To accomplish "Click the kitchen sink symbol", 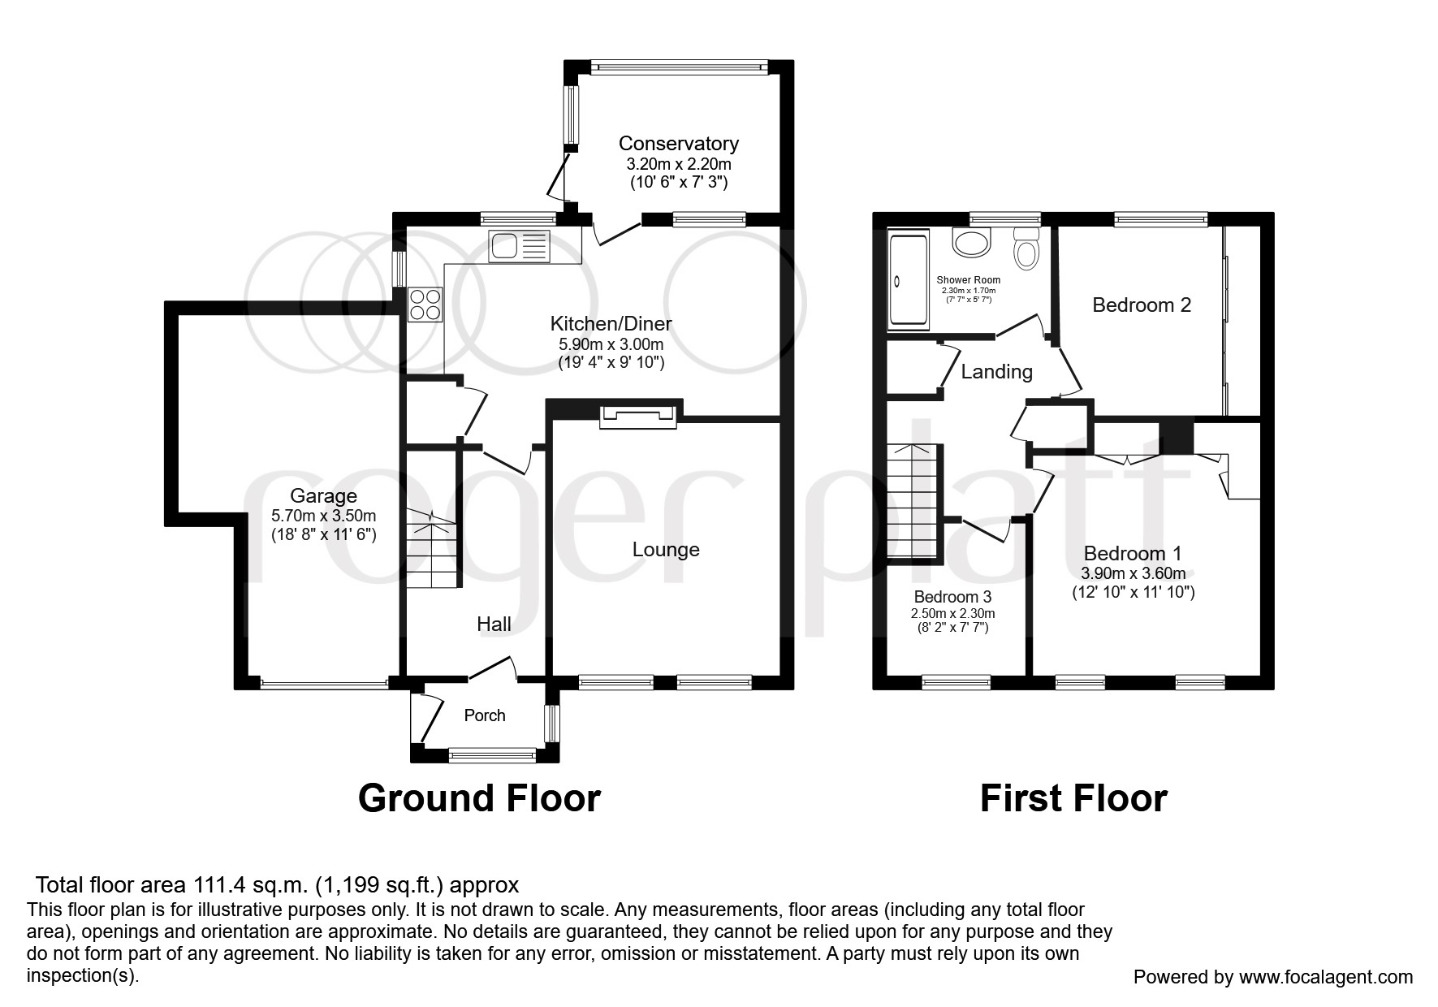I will click(519, 246).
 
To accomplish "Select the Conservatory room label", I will click(678, 144).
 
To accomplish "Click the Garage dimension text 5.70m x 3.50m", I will click(323, 516).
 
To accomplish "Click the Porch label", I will click(485, 715).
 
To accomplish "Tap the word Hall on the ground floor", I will click(494, 624).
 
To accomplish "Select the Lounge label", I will click(666, 550).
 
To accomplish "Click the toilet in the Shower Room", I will click(1026, 249).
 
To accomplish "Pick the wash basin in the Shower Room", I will click(971, 241).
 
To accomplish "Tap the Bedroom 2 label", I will click(1141, 305).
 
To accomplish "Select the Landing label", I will click(996, 372).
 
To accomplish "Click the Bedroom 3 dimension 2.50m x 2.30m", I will click(952, 613).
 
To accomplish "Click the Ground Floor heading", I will click(479, 798).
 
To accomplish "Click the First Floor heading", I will click(1073, 798).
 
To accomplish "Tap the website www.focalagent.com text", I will click(1325, 977).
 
